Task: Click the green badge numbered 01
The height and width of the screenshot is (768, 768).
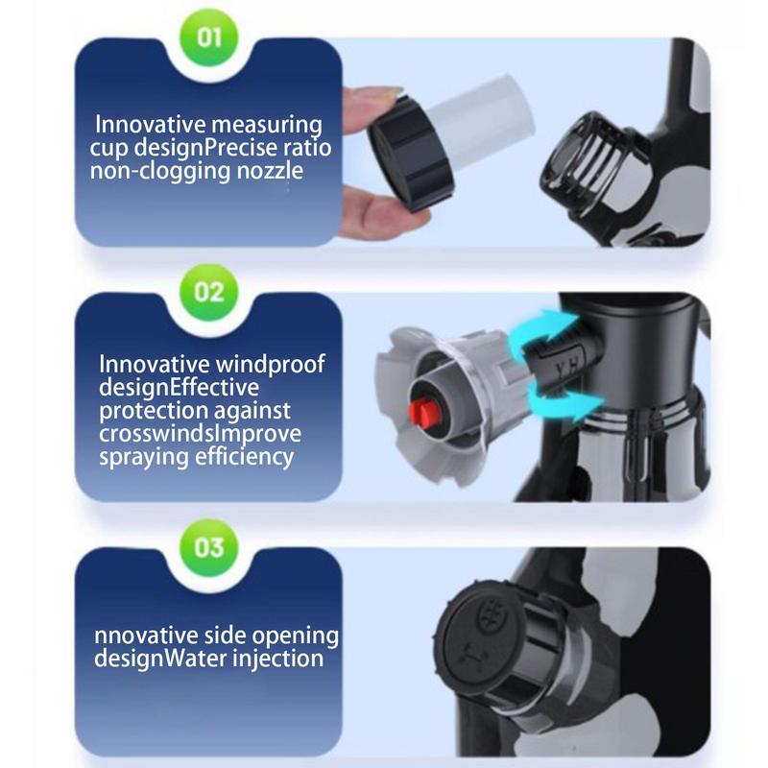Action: pos(208,37)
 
